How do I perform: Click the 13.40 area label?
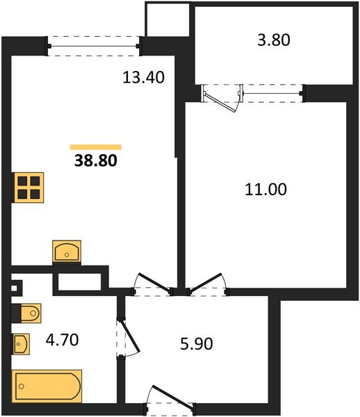[x=143, y=78]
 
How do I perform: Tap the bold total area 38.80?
[x=95, y=161]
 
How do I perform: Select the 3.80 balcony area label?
[x=272, y=40]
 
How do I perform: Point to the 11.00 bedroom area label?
[x=267, y=188]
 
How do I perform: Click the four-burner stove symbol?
[x=29, y=187]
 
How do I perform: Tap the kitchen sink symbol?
[x=67, y=251]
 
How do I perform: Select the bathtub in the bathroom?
[x=47, y=385]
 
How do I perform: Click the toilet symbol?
[x=27, y=314]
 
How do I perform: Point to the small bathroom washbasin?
[x=22, y=343]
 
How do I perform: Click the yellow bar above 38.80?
[x=96, y=147]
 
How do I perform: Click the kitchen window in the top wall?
[x=95, y=46]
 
